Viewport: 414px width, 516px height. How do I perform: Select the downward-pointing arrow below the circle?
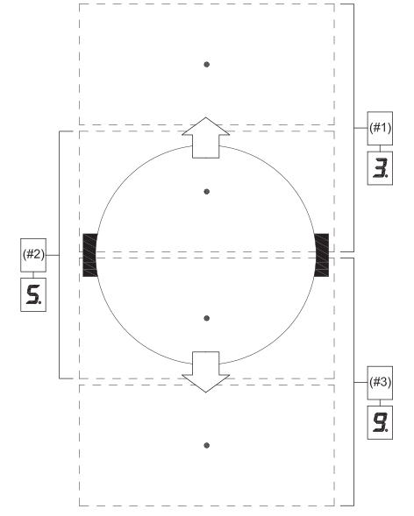tap(206, 368)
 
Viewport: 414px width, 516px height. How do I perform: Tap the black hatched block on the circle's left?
tap(89, 255)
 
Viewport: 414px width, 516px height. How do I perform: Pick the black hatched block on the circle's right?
tap(322, 255)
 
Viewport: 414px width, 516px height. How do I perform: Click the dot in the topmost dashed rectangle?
tap(206, 64)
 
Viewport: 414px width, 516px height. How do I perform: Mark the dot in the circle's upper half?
tap(206, 191)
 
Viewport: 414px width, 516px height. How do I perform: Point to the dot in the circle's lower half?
tap(206, 318)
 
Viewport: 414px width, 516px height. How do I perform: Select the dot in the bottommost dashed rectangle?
tap(206, 445)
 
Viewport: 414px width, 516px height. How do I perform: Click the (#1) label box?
tap(380, 128)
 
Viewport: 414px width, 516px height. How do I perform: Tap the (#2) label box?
tap(32, 255)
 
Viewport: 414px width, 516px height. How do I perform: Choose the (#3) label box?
tap(380, 382)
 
